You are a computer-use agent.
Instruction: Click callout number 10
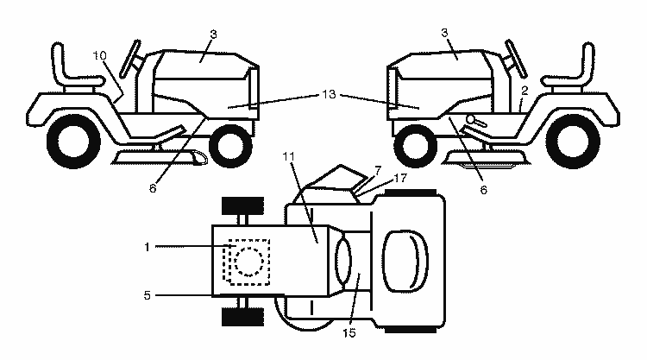point(99,55)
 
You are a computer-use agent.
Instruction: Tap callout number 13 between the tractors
point(329,95)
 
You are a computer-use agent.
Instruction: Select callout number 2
point(525,91)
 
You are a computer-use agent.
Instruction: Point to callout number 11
point(289,156)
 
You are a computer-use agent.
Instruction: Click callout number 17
point(400,178)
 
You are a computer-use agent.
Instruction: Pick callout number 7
point(378,170)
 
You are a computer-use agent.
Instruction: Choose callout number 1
point(147,247)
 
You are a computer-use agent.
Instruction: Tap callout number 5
point(148,295)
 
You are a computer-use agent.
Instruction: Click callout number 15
point(349,332)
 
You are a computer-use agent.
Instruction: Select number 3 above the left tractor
point(213,35)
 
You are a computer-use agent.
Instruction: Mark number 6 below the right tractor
point(483,189)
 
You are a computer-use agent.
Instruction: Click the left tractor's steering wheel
point(130,59)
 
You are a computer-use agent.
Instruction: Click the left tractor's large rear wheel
point(73,142)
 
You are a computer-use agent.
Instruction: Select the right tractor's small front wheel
point(416,146)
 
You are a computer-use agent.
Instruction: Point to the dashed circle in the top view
point(248,262)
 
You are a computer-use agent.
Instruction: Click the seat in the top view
point(405,262)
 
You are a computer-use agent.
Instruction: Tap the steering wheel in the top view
point(343,262)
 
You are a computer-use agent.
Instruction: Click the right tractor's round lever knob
point(471,119)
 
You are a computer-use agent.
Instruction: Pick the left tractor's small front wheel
point(230,146)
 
